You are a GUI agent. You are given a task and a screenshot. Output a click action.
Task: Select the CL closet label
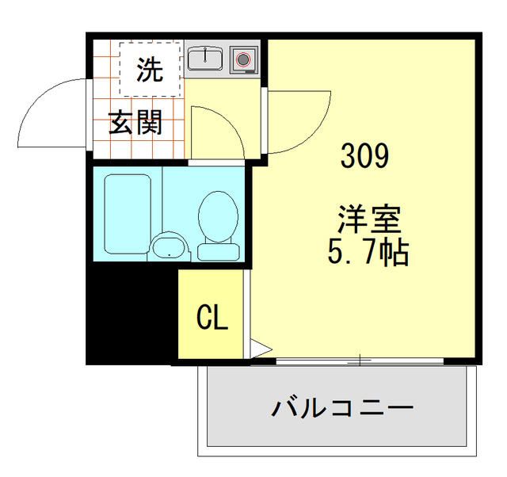point(212,319)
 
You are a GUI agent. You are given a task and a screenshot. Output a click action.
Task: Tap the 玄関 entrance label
point(135,124)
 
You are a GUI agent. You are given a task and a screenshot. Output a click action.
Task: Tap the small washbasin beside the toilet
point(169,247)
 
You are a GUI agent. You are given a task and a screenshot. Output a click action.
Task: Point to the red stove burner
point(243,59)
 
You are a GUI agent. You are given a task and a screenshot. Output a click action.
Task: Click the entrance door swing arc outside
point(48,115)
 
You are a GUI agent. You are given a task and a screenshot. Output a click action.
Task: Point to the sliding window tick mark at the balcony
point(361,361)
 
